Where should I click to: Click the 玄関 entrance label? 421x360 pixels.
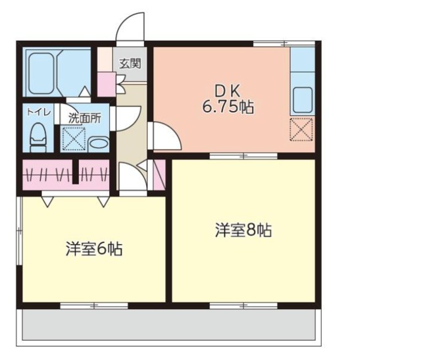130,64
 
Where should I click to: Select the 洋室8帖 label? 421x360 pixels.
244,230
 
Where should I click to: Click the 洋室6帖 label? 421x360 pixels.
94,249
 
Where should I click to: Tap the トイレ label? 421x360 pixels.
36,112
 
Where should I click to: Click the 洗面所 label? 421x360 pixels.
85,118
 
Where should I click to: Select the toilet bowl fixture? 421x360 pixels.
38,137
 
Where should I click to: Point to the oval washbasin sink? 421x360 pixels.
99,143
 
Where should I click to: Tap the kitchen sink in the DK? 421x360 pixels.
303,99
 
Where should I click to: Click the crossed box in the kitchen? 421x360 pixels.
302,129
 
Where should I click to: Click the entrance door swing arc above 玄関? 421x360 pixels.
130,27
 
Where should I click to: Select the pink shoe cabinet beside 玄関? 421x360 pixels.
106,82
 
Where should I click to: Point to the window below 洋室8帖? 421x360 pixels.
243,305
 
